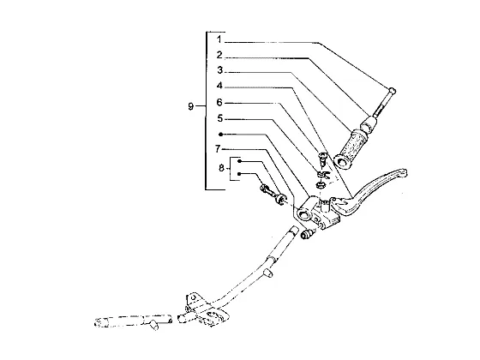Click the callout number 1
219,39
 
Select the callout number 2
219,55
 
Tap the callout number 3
219,70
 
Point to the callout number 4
219,86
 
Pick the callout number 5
219,118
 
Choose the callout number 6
219,102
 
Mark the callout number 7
218,149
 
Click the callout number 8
222,168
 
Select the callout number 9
190,106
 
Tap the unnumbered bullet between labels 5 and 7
220,134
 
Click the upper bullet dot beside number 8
240,161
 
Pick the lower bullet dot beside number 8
239,174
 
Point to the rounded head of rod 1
393,91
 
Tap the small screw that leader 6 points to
323,159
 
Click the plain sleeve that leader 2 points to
369,124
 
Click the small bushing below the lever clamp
307,234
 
